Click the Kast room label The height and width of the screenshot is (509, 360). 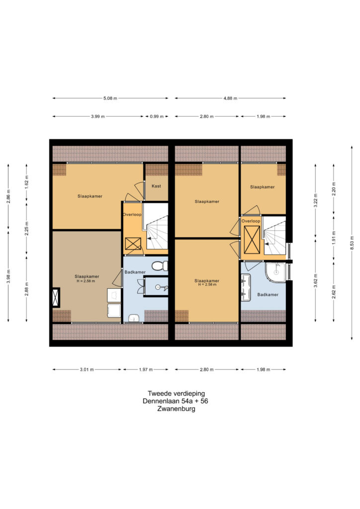[x=156, y=186]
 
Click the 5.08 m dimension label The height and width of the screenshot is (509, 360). [x=110, y=98]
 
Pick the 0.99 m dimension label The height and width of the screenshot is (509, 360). [x=158, y=117]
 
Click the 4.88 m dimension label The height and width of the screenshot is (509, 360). [x=230, y=98]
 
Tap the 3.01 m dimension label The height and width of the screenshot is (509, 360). [x=87, y=369]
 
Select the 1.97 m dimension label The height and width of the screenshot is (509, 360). [x=145, y=369]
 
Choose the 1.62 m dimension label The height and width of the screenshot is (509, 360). [x=27, y=181]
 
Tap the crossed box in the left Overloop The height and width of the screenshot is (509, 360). [x=133, y=244]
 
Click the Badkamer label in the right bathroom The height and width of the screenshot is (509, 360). [x=268, y=295]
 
